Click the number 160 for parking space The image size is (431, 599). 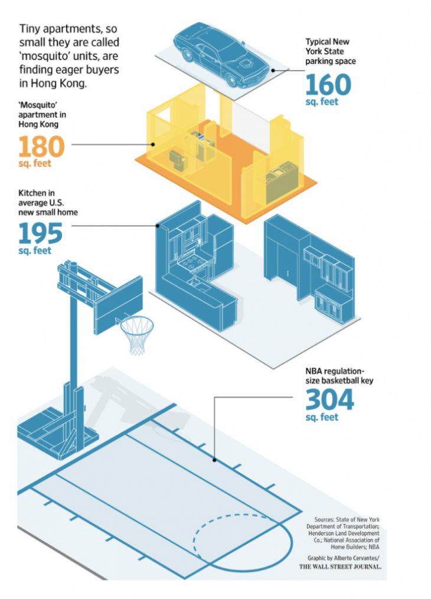(x=328, y=84)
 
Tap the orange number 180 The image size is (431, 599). (x=41, y=147)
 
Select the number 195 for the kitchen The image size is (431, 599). (x=41, y=233)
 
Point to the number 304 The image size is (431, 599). (x=329, y=399)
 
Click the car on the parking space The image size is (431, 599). (x=221, y=54)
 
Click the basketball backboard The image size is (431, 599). (x=118, y=305)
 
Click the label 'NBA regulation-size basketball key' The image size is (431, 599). (x=339, y=376)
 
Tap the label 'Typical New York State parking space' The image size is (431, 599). (x=330, y=51)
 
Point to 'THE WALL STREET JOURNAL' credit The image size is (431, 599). (x=340, y=567)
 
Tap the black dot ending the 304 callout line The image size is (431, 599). (x=214, y=460)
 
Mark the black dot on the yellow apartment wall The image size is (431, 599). (x=153, y=144)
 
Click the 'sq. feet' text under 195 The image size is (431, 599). (x=35, y=251)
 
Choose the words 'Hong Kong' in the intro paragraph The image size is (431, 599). (x=53, y=84)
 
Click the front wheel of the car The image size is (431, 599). (x=232, y=80)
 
